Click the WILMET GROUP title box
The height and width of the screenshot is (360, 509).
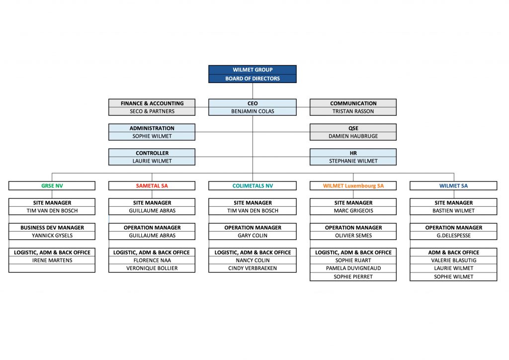click(x=253, y=70)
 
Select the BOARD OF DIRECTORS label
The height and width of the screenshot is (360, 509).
click(x=253, y=79)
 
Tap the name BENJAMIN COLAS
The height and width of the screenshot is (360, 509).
click(x=253, y=111)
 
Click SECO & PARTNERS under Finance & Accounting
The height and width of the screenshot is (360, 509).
click(x=152, y=111)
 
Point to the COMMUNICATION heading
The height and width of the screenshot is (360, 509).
click(x=353, y=103)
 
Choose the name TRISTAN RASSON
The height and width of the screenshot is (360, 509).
click(x=353, y=111)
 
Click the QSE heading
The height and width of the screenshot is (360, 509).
click(x=353, y=128)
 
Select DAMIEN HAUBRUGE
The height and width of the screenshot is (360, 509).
click(x=353, y=136)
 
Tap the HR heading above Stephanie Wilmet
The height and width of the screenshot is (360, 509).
click(x=353, y=153)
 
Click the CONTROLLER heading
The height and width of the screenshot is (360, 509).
click(x=152, y=153)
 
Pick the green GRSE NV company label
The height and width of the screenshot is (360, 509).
click(x=52, y=186)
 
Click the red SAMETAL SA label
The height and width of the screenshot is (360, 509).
click(x=152, y=186)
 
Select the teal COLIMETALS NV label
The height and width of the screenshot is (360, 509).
click(x=253, y=186)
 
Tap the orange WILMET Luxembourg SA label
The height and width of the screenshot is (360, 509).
click(x=353, y=186)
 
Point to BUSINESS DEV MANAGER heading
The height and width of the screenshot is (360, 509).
click(x=52, y=228)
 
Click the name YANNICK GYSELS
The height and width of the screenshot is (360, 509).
click(x=52, y=236)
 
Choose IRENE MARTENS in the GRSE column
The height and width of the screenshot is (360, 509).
click(x=52, y=261)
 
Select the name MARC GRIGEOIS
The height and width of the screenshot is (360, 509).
click(x=353, y=211)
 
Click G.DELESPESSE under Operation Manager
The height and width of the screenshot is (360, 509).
click(x=453, y=236)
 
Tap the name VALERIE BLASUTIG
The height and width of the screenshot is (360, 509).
click(x=453, y=261)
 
